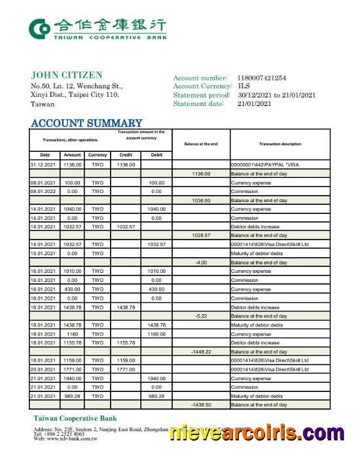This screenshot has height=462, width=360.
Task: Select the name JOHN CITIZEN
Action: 67,75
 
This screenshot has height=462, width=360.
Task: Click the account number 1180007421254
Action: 261,79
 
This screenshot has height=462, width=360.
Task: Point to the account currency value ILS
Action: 243,86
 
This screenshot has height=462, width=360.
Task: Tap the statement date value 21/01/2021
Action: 254,103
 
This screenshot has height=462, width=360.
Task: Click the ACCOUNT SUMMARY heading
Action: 86,123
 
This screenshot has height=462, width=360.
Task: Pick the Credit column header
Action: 126,155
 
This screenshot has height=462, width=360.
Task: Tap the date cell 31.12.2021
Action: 45,164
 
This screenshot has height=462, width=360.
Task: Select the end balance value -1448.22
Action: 201,351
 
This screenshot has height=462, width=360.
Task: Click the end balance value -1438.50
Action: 201,405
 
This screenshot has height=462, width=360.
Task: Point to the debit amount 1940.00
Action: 156,378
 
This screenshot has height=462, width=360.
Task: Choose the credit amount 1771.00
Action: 126,369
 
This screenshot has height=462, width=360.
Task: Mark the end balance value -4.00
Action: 201,262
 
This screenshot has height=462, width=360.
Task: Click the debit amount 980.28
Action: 156,396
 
